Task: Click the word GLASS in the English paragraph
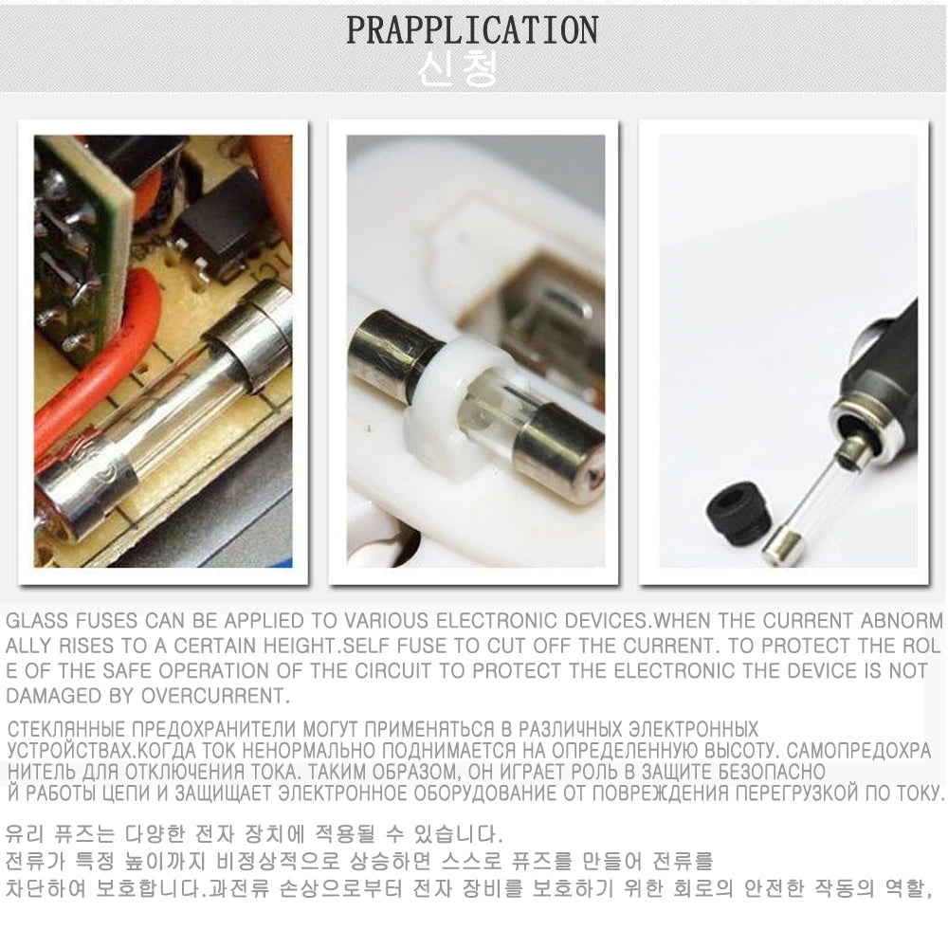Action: coord(36,622)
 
